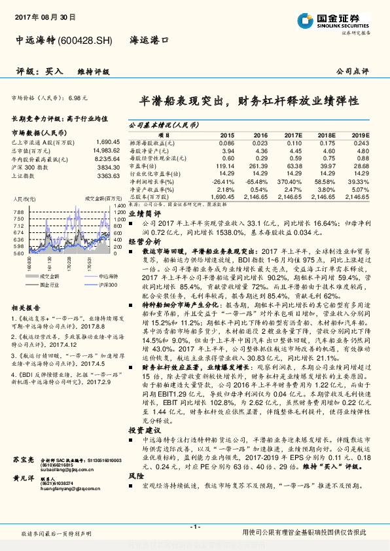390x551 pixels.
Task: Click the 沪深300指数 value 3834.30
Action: tap(109, 167)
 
